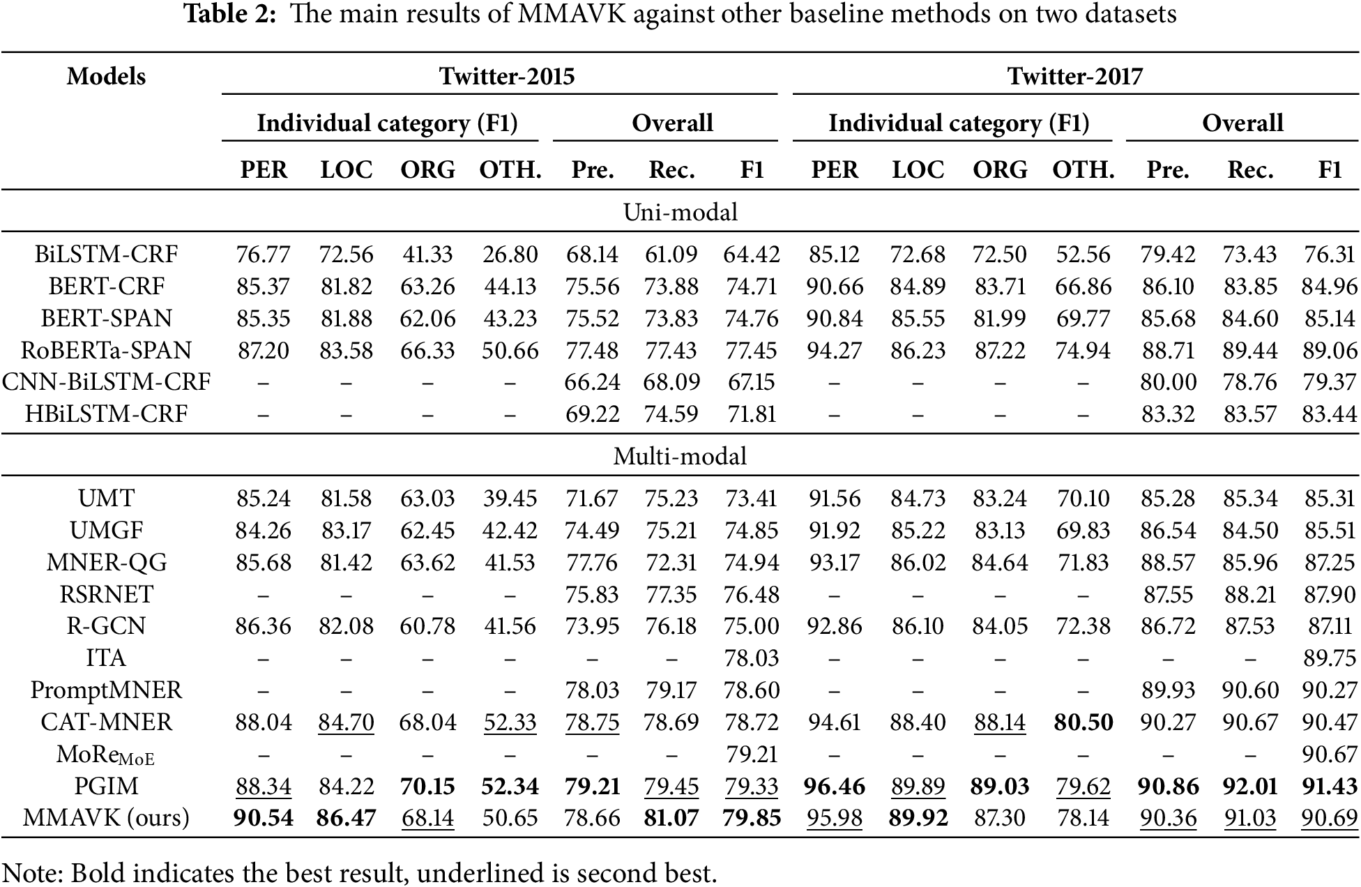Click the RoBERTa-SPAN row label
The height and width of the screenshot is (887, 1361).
click(106, 350)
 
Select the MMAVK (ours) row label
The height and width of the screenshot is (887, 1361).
click(106, 817)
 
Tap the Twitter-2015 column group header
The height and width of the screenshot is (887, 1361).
click(507, 75)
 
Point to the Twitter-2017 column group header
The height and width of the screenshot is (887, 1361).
click(1075, 75)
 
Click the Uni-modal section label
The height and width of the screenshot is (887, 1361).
click(680, 212)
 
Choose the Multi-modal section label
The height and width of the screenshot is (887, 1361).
click(680, 456)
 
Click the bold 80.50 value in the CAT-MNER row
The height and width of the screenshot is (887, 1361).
click(1083, 722)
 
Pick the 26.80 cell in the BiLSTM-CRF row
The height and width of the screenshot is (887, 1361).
click(510, 255)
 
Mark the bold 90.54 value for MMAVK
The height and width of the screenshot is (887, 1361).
click(263, 817)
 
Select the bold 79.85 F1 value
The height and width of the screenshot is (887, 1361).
click(751, 817)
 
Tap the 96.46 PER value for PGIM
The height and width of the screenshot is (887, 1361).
click(834, 786)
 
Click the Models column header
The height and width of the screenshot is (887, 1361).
click(106, 76)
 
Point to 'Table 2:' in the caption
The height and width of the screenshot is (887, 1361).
click(230, 15)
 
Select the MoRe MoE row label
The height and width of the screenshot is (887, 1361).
click(106, 755)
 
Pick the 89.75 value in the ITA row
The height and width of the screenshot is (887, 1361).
click(1329, 658)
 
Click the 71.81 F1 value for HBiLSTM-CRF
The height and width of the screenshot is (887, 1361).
click(751, 414)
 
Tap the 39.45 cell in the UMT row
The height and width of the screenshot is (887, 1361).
click(510, 499)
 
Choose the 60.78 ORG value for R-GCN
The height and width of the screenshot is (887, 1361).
click(427, 626)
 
